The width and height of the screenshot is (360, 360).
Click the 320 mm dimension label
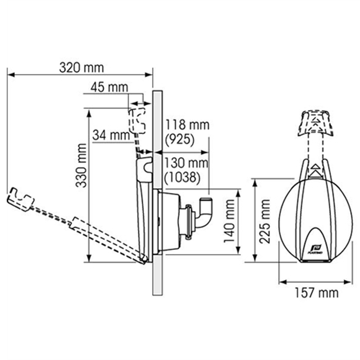pos(81,68)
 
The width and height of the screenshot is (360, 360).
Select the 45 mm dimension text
pos(109,87)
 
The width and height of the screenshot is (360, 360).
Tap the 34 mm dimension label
pos(111,135)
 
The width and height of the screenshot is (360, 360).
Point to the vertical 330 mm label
pos(81,165)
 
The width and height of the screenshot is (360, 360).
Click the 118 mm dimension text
pos(187,125)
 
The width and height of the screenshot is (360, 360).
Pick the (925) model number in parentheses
pos(180,139)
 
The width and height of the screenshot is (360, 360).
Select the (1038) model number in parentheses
pos(183,177)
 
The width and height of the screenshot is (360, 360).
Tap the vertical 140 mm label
pos(229,221)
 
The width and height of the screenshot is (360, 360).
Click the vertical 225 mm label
pos(265,221)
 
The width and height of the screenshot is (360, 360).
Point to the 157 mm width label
pos(317,293)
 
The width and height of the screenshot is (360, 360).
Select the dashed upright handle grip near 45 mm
pos(137,121)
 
